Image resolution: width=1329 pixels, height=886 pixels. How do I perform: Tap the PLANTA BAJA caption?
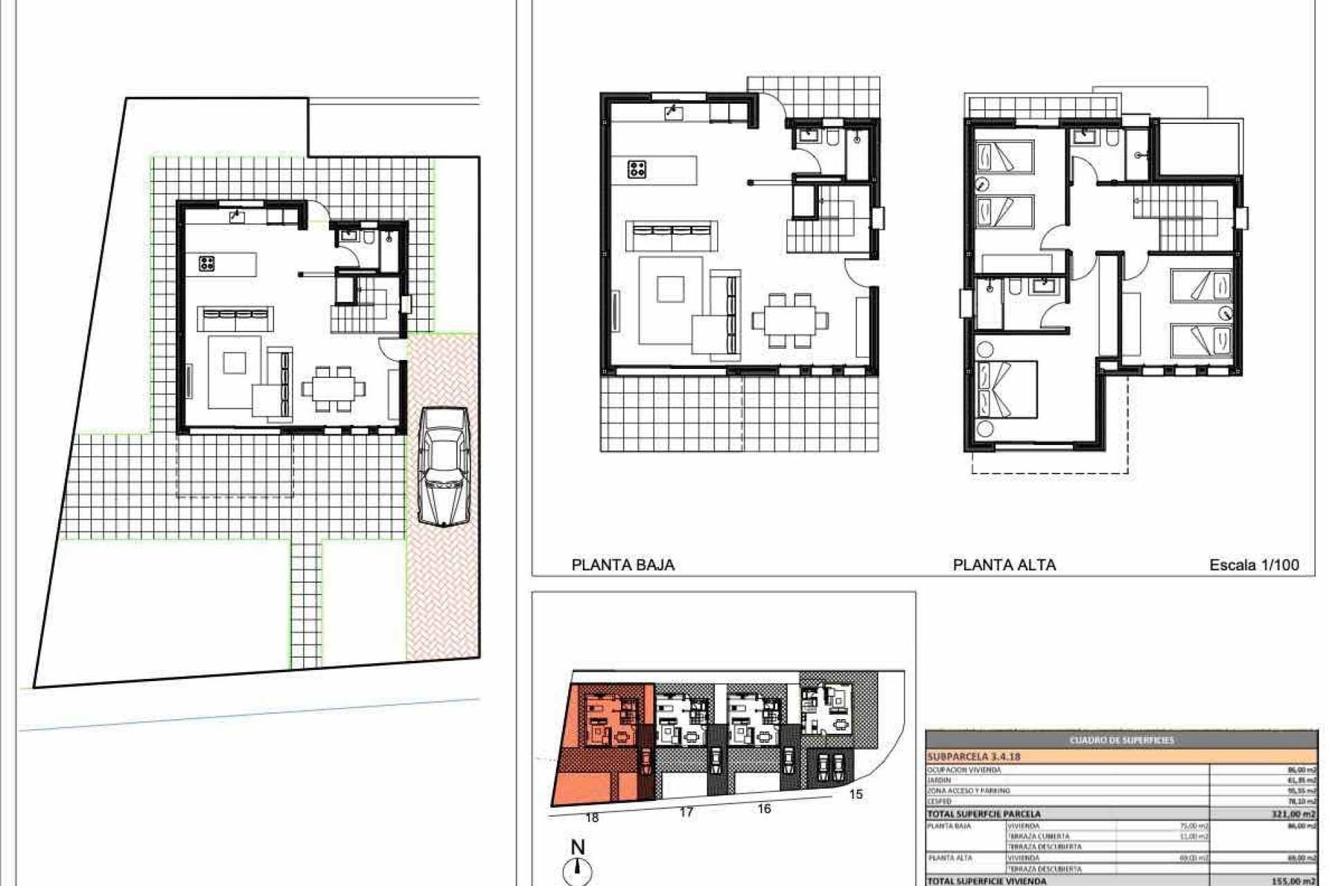coord(623,565)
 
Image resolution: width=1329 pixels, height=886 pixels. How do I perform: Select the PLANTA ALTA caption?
coord(1004,565)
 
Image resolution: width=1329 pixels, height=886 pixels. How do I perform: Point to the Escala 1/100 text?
coord(1254,565)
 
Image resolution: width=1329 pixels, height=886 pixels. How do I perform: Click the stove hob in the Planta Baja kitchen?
coord(637,169)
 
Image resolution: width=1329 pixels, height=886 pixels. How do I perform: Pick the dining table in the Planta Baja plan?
coord(790,320)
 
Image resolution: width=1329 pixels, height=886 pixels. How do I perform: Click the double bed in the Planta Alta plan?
coord(1006,389)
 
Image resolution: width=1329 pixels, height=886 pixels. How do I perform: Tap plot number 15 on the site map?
coord(856,794)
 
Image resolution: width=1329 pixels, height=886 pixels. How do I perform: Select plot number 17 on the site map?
coord(686,812)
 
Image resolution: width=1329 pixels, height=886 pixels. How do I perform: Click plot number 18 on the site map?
coord(592,817)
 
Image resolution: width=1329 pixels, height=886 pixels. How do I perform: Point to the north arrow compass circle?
coord(579,871)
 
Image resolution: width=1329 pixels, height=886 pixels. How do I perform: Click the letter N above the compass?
coord(578,847)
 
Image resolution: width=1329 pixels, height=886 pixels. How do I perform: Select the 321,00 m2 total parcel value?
coord(1293,814)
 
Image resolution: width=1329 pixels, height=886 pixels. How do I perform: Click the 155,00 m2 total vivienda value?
coord(1293,880)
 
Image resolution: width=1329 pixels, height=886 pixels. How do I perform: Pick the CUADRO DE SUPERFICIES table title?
coord(1121,740)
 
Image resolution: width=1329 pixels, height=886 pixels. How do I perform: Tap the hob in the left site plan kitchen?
coord(206,263)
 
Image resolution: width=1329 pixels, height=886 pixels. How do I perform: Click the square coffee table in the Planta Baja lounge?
coord(670,289)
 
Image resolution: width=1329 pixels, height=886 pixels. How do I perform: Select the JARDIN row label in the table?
coord(939,780)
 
